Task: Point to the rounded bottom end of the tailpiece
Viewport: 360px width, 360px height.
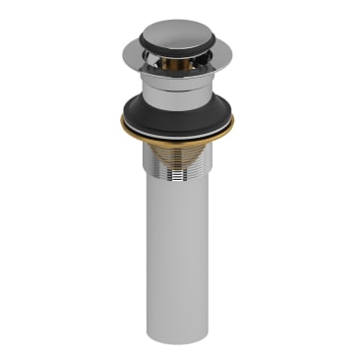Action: click(x=181, y=332)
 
